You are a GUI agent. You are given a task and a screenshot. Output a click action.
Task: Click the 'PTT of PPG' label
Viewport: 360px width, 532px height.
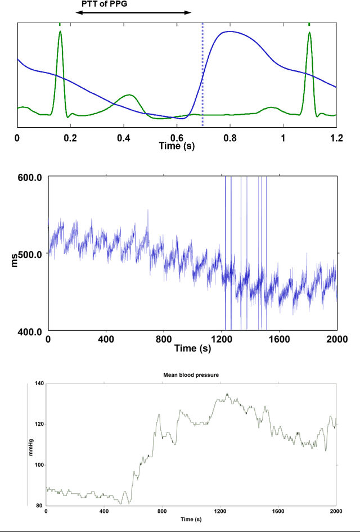[x=105, y=4]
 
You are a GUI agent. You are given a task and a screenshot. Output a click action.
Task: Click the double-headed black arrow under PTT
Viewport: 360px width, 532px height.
[x=133, y=12]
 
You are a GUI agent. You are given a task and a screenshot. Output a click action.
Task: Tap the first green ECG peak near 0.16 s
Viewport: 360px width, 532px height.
[x=60, y=33]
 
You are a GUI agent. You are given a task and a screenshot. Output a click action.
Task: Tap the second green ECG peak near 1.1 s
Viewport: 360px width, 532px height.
[x=309, y=33]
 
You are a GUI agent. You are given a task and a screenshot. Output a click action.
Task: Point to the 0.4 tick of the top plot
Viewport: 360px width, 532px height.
[x=124, y=137]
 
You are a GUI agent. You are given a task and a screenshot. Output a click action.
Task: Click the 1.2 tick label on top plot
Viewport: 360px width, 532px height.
[x=336, y=137]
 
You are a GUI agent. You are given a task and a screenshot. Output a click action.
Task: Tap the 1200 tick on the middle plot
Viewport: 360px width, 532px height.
[x=222, y=340]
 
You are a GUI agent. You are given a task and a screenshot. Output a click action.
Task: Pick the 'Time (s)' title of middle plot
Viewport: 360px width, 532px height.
[x=192, y=349]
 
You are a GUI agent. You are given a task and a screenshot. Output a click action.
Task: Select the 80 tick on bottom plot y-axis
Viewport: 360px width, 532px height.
[x=40, y=505]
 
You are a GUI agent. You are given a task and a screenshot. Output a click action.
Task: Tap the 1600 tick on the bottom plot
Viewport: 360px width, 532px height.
[x=277, y=511]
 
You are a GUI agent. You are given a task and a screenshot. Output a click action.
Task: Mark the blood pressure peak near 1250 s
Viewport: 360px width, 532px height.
[x=227, y=394]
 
